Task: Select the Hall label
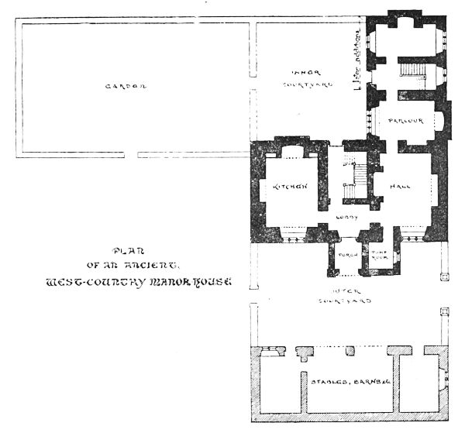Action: click(401, 187)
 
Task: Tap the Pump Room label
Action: click(379, 255)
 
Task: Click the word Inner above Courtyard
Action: click(301, 71)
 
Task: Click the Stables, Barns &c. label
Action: click(348, 383)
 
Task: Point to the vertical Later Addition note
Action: click(357, 61)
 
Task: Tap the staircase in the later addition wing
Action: click(413, 72)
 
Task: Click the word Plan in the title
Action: click(122, 250)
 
